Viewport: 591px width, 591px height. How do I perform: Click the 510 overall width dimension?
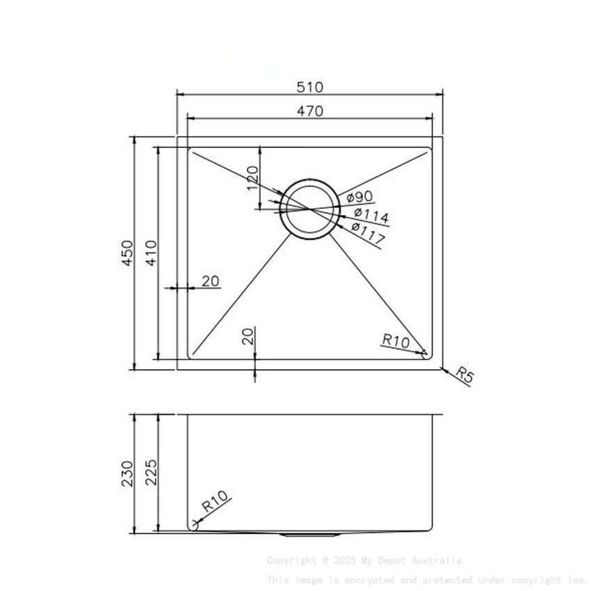pos(309,87)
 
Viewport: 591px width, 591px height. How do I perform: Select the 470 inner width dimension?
pos(309,111)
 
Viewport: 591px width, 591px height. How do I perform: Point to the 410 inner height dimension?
pos(151,253)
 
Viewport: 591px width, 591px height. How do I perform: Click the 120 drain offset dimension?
pos(253,178)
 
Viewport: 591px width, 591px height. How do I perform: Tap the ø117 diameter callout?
pos(368,233)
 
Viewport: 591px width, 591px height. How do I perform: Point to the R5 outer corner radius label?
pos(464,376)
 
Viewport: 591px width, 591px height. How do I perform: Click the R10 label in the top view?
pos(395,340)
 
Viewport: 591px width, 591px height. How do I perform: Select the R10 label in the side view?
pos(215,502)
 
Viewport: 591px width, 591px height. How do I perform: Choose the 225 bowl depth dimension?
pos(151,473)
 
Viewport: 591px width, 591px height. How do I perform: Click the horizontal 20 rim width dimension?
pos(211,281)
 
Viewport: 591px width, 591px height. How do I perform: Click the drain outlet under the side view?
pos(310,535)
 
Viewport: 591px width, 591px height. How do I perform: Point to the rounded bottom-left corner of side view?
pos(193,526)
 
